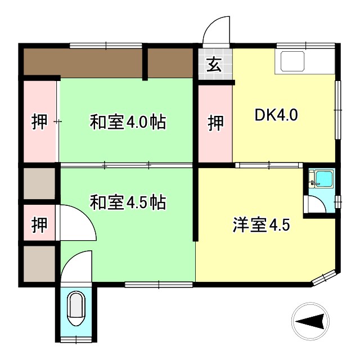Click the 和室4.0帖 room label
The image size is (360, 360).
[x=128, y=122]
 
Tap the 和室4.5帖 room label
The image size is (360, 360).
[x=128, y=202]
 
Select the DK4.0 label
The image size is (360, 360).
[x=276, y=115]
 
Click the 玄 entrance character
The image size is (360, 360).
[x=214, y=65]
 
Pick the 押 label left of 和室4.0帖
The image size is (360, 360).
[x=39, y=122]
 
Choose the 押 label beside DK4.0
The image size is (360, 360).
[x=216, y=123]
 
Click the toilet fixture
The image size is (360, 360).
[x=75, y=309]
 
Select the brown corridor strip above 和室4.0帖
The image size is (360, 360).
[x=110, y=61]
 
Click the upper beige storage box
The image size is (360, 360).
[x=39, y=183]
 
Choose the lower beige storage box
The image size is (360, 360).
[x=39, y=263]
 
